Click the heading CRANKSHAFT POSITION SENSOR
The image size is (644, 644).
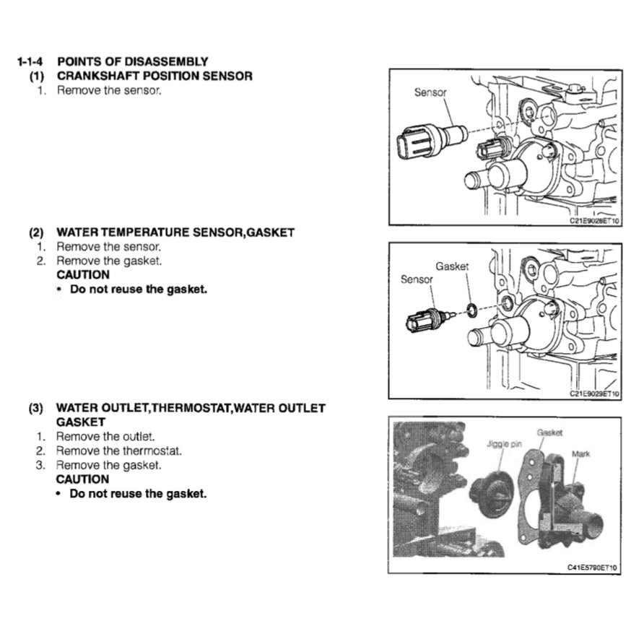click(155, 76)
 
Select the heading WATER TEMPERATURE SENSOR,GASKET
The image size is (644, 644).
click(175, 232)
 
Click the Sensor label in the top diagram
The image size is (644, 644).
click(430, 92)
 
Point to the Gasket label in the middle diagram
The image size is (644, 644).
click(452, 266)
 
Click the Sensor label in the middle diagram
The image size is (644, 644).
click(417, 279)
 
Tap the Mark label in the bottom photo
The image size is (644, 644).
click(580, 454)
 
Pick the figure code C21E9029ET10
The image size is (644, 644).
click(593, 394)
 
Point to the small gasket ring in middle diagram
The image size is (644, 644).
click(470, 311)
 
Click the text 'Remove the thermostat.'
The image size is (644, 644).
click(119, 451)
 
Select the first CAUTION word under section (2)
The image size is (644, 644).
click(83, 275)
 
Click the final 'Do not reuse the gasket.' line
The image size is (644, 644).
click(138, 495)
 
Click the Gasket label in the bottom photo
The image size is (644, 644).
click(549, 432)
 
